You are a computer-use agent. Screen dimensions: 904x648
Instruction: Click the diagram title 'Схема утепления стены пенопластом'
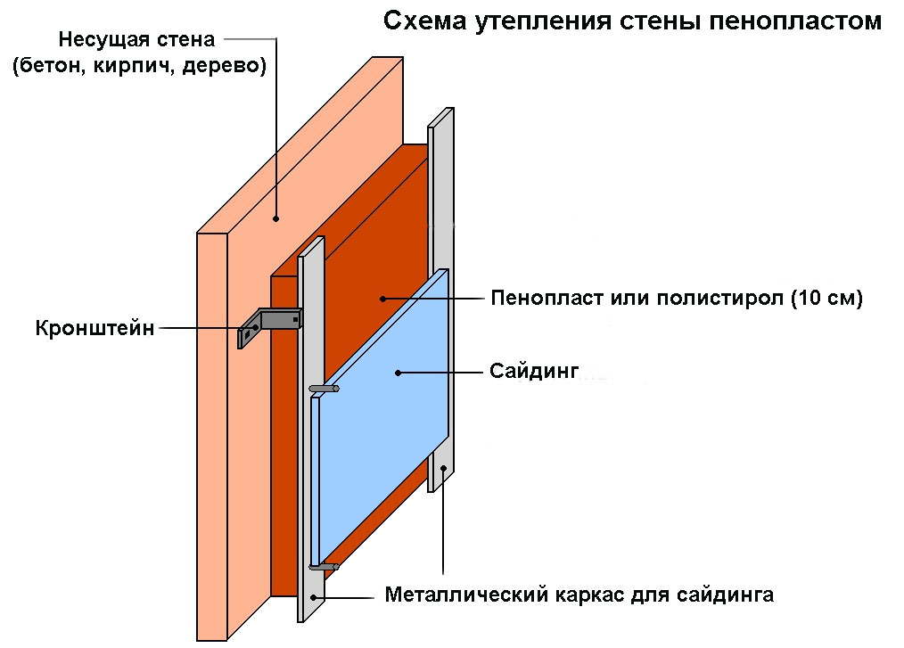(632, 21)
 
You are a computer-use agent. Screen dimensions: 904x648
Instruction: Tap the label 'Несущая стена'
(136, 40)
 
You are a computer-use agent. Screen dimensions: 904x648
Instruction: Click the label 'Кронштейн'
(95, 328)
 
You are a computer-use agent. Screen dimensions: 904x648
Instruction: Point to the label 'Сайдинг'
(534, 371)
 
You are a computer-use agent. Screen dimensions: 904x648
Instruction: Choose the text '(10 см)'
(826, 298)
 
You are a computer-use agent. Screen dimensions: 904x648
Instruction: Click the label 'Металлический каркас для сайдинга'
(579, 595)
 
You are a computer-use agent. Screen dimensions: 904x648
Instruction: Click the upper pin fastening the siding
(324, 389)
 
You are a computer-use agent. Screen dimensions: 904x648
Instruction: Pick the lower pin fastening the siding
(324, 567)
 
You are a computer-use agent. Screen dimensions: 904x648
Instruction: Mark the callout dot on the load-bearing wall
(276, 218)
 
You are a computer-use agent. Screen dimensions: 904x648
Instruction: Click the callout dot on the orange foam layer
(382, 299)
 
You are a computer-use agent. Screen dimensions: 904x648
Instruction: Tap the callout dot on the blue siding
(398, 373)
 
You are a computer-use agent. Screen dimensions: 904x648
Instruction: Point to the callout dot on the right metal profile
(443, 468)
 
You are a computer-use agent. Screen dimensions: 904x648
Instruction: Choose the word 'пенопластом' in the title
(795, 21)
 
